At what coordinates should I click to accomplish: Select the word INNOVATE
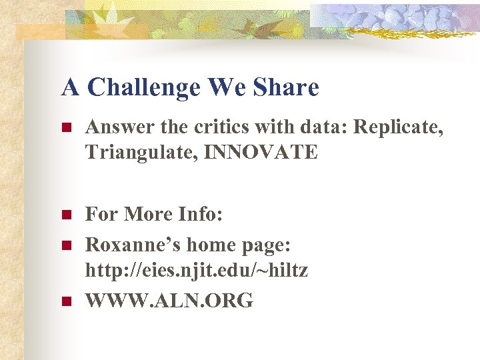coord(261,152)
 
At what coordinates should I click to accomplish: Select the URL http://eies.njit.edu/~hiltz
coord(197,271)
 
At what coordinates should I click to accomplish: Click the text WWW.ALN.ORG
coord(169,301)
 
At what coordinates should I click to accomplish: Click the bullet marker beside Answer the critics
coord(66,127)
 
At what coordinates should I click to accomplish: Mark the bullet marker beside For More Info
coord(66,215)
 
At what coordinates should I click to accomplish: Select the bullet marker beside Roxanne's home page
coord(66,245)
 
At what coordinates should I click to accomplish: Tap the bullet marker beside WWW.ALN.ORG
coord(66,301)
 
